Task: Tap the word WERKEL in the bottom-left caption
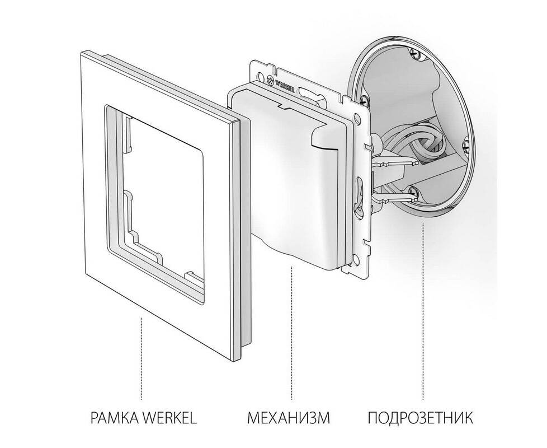(x=170, y=418)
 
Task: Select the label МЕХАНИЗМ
(x=289, y=418)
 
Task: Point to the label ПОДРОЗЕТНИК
(x=420, y=418)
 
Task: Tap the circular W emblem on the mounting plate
(x=270, y=80)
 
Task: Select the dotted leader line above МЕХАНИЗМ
(x=291, y=333)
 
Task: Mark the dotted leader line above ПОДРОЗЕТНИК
(x=423, y=311)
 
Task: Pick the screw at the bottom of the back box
(x=413, y=190)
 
